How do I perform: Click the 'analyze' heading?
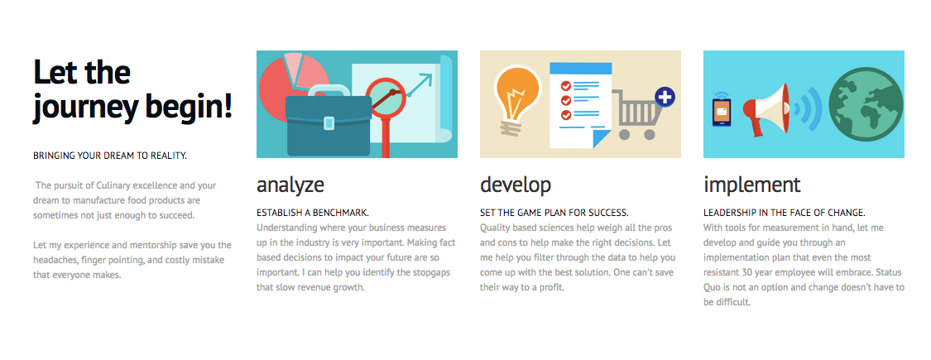click(x=290, y=185)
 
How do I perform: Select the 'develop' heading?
click(x=516, y=185)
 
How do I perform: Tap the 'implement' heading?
click(x=751, y=185)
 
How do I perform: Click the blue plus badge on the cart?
click(x=665, y=97)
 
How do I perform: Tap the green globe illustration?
click(x=866, y=104)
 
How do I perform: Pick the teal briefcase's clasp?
click(x=329, y=123)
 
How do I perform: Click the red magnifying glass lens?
click(x=386, y=98)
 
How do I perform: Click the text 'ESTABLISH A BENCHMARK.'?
click(x=313, y=213)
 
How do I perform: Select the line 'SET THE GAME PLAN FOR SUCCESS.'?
click(x=554, y=213)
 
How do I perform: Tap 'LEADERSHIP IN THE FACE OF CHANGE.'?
click(x=784, y=213)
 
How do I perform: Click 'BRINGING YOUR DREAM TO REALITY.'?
click(x=110, y=156)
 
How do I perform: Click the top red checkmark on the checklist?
click(x=566, y=86)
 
